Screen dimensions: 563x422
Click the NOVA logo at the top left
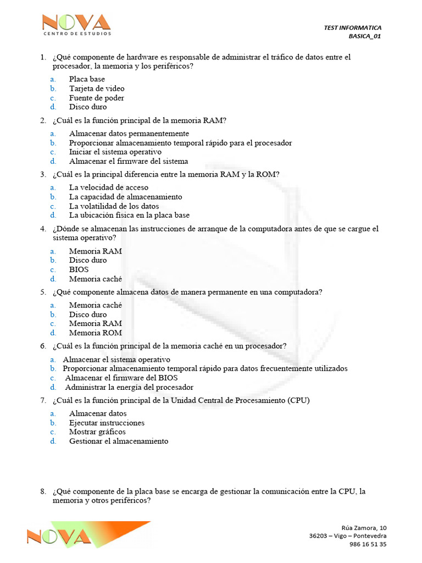[76, 24]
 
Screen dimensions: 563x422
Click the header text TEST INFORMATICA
[352, 27]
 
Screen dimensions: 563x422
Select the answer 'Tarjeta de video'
[97, 89]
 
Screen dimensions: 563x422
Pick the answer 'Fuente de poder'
[97, 98]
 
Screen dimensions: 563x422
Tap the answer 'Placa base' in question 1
[87, 79]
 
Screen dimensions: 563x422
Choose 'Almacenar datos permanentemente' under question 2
[129, 134]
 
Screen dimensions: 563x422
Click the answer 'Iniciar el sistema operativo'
[115, 152]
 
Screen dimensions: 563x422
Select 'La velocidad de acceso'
[109, 187]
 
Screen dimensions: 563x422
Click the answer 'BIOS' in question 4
[79, 269]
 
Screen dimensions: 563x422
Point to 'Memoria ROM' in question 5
[96, 333]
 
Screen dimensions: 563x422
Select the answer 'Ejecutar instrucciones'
[107, 423]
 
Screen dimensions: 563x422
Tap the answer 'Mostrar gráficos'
[97, 432]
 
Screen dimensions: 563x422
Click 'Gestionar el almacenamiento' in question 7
[119, 441]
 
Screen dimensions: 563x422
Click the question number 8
[43, 492]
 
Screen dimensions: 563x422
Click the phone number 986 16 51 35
[368, 544]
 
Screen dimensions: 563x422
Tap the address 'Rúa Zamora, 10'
[364, 527]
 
